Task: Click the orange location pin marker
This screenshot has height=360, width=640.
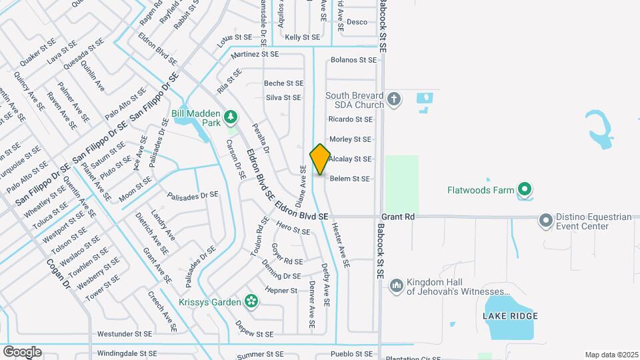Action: point(320,159)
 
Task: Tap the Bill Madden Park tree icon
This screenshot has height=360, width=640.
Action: point(231,118)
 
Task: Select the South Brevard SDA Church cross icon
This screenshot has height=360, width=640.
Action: point(394,100)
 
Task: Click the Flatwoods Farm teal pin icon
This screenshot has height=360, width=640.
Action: point(525,191)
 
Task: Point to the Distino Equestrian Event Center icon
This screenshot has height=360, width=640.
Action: point(547,220)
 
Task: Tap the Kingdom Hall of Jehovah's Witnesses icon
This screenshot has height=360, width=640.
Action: point(396,285)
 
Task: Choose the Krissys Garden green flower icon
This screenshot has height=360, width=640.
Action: point(251,302)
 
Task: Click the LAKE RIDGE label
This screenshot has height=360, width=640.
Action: point(511,315)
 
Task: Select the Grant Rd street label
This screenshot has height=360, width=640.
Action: point(399,217)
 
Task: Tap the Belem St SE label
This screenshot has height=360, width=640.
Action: point(351,179)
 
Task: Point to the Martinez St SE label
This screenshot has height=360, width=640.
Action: point(253,54)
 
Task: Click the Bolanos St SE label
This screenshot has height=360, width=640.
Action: point(354,60)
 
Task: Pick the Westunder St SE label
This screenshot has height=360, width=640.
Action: point(125,333)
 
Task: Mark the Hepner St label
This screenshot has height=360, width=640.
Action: point(281,291)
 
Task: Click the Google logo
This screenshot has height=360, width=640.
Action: point(22,351)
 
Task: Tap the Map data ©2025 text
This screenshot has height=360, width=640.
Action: point(611,355)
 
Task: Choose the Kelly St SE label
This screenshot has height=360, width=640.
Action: point(303,37)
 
